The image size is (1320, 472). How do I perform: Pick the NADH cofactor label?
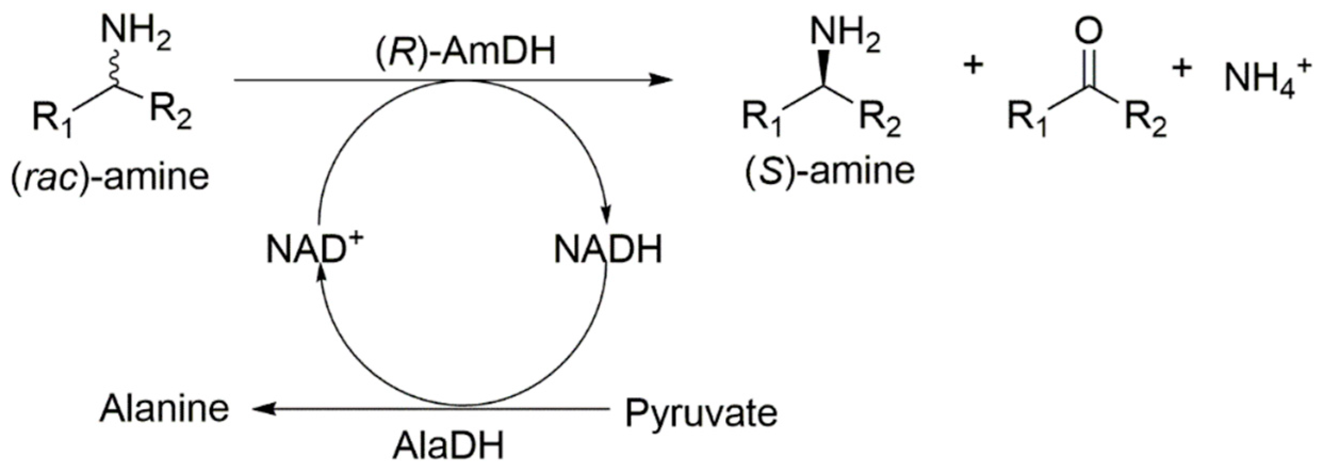pyautogui.click(x=608, y=249)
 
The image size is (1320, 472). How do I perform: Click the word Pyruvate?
pyautogui.click(x=701, y=413)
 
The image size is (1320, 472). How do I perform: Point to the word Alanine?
pyautogui.click(x=165, y=409)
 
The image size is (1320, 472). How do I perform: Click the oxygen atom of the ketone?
pyautogui.click(x=1088, y=31)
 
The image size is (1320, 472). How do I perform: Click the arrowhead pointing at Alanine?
pyautogui.click(x=262, y=409)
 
